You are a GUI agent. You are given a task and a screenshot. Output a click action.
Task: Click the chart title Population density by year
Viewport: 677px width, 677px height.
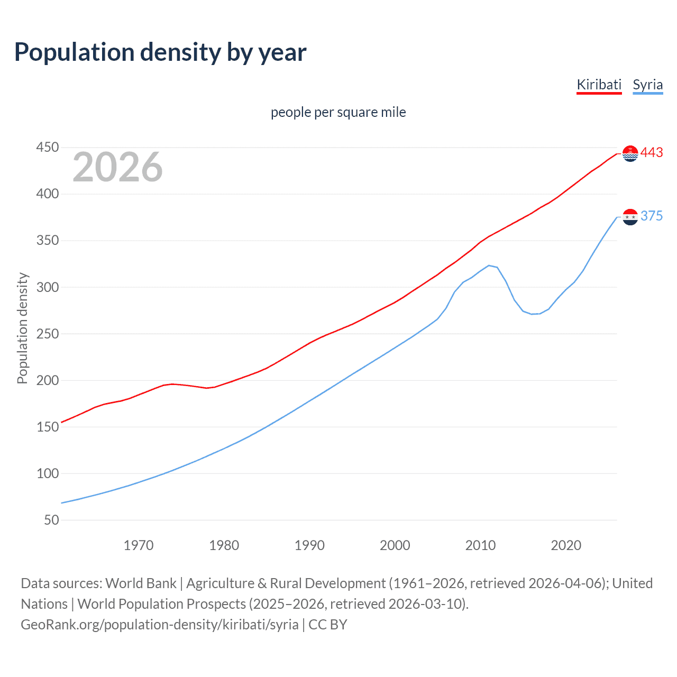pos(160,52)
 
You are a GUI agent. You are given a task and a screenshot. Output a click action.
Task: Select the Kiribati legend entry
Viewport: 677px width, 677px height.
pos(599,85)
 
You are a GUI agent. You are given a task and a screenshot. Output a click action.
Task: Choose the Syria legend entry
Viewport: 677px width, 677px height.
pos(647,85)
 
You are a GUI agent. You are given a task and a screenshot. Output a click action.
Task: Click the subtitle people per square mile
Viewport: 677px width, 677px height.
pos(338,112)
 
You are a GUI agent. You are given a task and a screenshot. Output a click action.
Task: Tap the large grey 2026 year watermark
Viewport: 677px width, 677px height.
pos(117,167)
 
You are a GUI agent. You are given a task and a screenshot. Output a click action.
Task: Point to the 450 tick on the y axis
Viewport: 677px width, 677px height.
pos(48,147)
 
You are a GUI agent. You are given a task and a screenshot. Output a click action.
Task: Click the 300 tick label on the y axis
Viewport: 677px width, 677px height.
pos(48,287)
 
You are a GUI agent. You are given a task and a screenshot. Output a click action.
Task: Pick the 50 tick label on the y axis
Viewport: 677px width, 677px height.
pos(51,520)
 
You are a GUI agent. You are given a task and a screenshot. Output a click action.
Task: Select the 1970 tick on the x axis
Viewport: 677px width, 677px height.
pos(139,545)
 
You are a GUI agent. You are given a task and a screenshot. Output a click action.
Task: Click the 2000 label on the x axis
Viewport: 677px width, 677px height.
pos(395,545)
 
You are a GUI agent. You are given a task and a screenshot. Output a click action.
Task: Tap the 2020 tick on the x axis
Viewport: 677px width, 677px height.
pos(566,545)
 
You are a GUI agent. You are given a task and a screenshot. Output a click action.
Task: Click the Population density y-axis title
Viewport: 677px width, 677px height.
pos(22,328)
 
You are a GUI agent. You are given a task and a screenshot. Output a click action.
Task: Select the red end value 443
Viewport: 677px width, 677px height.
pos(652,153)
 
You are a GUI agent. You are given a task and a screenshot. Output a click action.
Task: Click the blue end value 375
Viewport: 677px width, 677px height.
pos(652,216)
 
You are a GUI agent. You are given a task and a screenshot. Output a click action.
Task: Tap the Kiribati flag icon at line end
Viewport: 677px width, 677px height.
pos(630,153)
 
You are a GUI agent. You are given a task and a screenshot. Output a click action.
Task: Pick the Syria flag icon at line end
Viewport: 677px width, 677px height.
pos(630,217)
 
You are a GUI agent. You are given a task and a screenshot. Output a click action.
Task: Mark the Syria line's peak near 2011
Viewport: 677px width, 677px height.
pos(489,266)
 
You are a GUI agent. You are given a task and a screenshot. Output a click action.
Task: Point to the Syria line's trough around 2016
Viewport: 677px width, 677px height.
pos(532,314)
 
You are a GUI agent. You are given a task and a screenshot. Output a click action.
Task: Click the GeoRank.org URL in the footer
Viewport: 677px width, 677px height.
pos(160,624)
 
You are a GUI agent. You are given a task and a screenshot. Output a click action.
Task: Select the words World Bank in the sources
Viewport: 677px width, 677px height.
pos(141,583)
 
